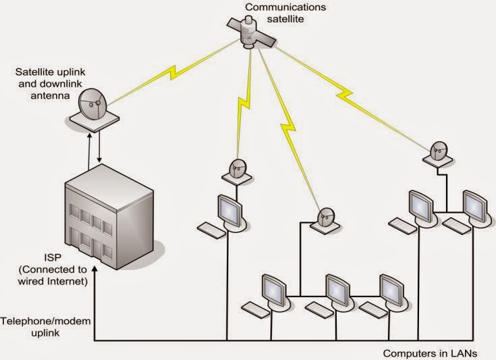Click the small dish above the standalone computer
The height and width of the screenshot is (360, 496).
pyautogui.click(x=237, y=169)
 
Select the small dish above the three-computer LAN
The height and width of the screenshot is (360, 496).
pyautogui.click(x=325, y=217)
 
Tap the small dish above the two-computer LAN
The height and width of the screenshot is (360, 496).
pyautogui.click(x=438, y=153)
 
